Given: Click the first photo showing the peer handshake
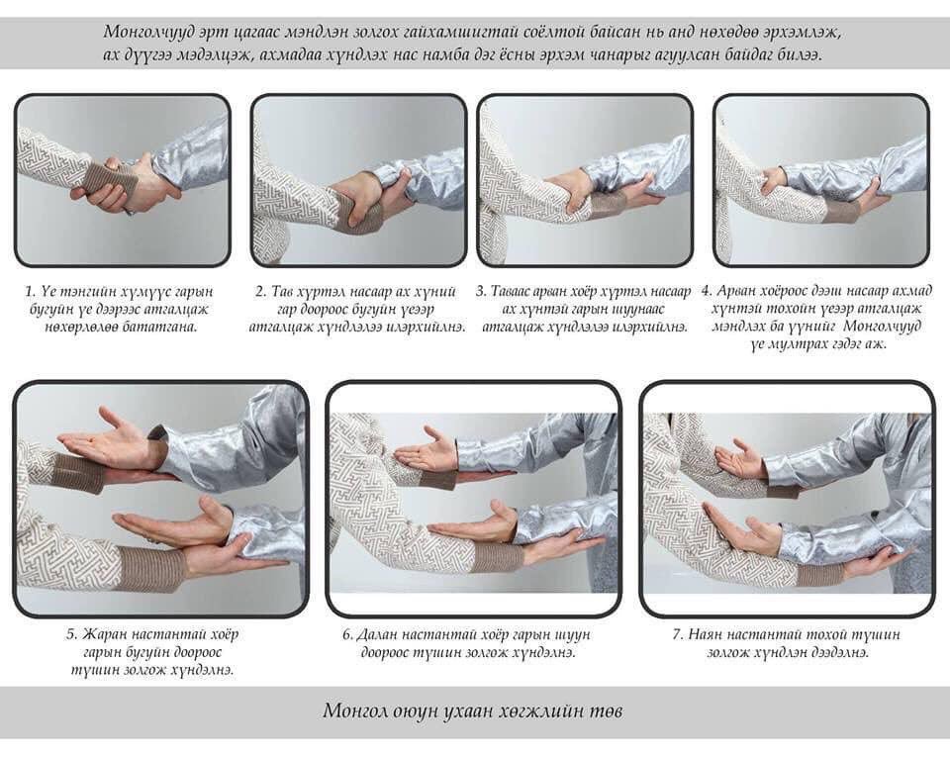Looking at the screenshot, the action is [122, 180].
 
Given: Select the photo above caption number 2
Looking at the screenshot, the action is [358, 180].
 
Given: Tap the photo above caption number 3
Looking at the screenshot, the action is [585, 180].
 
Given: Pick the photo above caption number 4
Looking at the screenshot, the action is [821, 180].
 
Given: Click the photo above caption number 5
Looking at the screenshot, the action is [160, 499].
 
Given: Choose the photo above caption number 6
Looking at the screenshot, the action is [474, 499].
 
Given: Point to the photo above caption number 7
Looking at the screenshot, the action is [787, 499].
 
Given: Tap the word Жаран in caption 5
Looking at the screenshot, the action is [104, 634].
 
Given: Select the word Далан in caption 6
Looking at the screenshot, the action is [377, 634].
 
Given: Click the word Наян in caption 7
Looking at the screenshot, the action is [705, 634].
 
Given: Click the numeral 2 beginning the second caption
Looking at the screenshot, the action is [259, 292].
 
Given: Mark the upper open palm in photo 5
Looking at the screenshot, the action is [108, 439].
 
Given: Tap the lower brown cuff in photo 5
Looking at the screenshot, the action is [150, 569].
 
